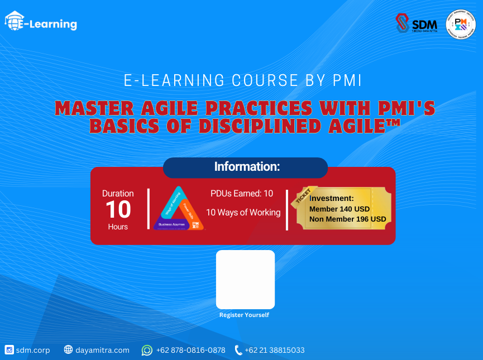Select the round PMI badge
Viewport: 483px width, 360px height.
tap(461, 25)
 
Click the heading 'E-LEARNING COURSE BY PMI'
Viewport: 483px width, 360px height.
tap(242, 80)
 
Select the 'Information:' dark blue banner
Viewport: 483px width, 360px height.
tap(246, 167)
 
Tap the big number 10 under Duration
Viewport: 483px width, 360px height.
tap(118, 210)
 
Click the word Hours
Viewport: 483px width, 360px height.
tap(118, 227)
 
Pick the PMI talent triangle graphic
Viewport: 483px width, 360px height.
tap(178, 209)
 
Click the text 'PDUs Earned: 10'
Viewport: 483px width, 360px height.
tap(242, 194)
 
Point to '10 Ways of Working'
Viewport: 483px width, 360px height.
tap(243, 212)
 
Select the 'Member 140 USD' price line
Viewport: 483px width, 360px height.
tap(339, 209)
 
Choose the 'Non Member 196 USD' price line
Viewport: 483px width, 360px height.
tap(347, 219)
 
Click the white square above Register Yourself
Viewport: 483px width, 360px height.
tap(245, 279)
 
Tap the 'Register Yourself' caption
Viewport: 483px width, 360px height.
tap(244, 315)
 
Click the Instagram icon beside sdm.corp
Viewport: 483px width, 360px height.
tap(9, 350)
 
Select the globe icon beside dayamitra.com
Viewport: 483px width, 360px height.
tap(68, 350)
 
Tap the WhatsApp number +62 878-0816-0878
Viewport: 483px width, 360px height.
tap(190, 350)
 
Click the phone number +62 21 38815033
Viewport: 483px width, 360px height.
tap(274, 350)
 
